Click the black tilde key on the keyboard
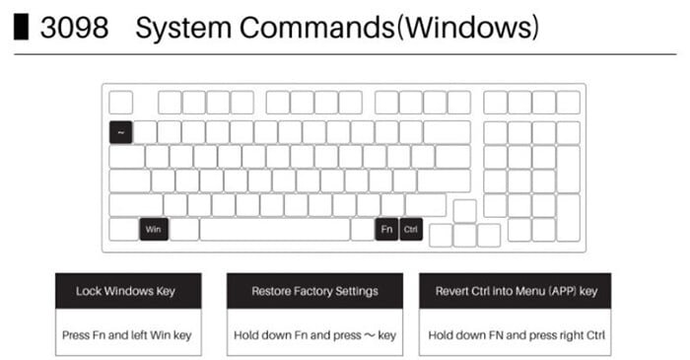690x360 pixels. [x=120, y=132]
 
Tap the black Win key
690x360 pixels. [x=152, y=229]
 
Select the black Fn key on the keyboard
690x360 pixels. [x=386, y=229]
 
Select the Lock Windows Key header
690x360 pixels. [x=127, y=291]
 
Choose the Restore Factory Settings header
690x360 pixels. [x=314, y=291]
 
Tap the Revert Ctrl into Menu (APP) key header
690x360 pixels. [x=516, y=291]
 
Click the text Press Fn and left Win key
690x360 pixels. [x=127, y=335]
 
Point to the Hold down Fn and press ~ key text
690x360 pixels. [x=314, y=335]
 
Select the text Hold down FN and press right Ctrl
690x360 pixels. [x=516, y=335]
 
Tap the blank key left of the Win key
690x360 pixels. [x=122, y=229]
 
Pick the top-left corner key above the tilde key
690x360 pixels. [x=120, y=102]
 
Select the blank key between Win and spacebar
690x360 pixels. [x=183, y=229]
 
